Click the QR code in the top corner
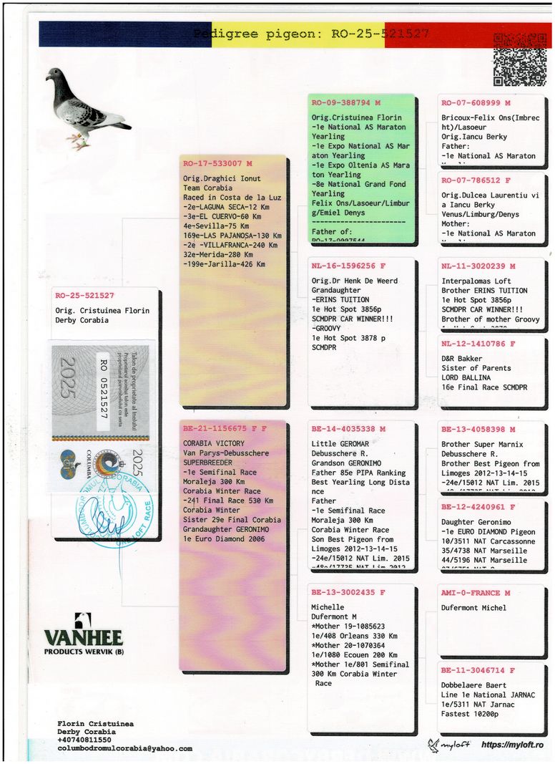tap(520, 59)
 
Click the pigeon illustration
tap(85, 107)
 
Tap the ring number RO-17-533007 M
tap(217, 163)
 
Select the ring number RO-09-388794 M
tap(346, 103)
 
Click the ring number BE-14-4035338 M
tap(348, 429)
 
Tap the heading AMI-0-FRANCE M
tap(476, 593)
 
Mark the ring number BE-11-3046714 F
tap(478, 671)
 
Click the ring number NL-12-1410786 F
tap(478, 344)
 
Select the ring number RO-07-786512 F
tap(476, 181)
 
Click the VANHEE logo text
tap(84, 637)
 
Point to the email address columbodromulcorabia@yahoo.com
tap(124, 748)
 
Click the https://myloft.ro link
tap(513, 745)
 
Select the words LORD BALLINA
tap(466, 377)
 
